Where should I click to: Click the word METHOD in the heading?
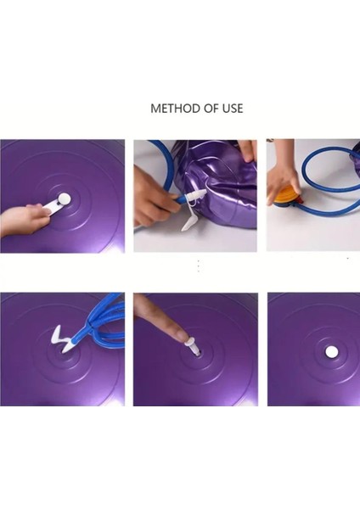pos(176,109)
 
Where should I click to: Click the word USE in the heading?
pos(233,109)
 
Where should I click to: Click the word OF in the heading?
pos(211,109)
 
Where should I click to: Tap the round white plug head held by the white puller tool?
pos(65,199)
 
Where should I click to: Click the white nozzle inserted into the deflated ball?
pos(195,196)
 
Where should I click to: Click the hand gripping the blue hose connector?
pos(153,198)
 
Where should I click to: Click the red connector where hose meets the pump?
pos(301,201)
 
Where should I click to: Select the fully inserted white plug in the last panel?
pos(331,351)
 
